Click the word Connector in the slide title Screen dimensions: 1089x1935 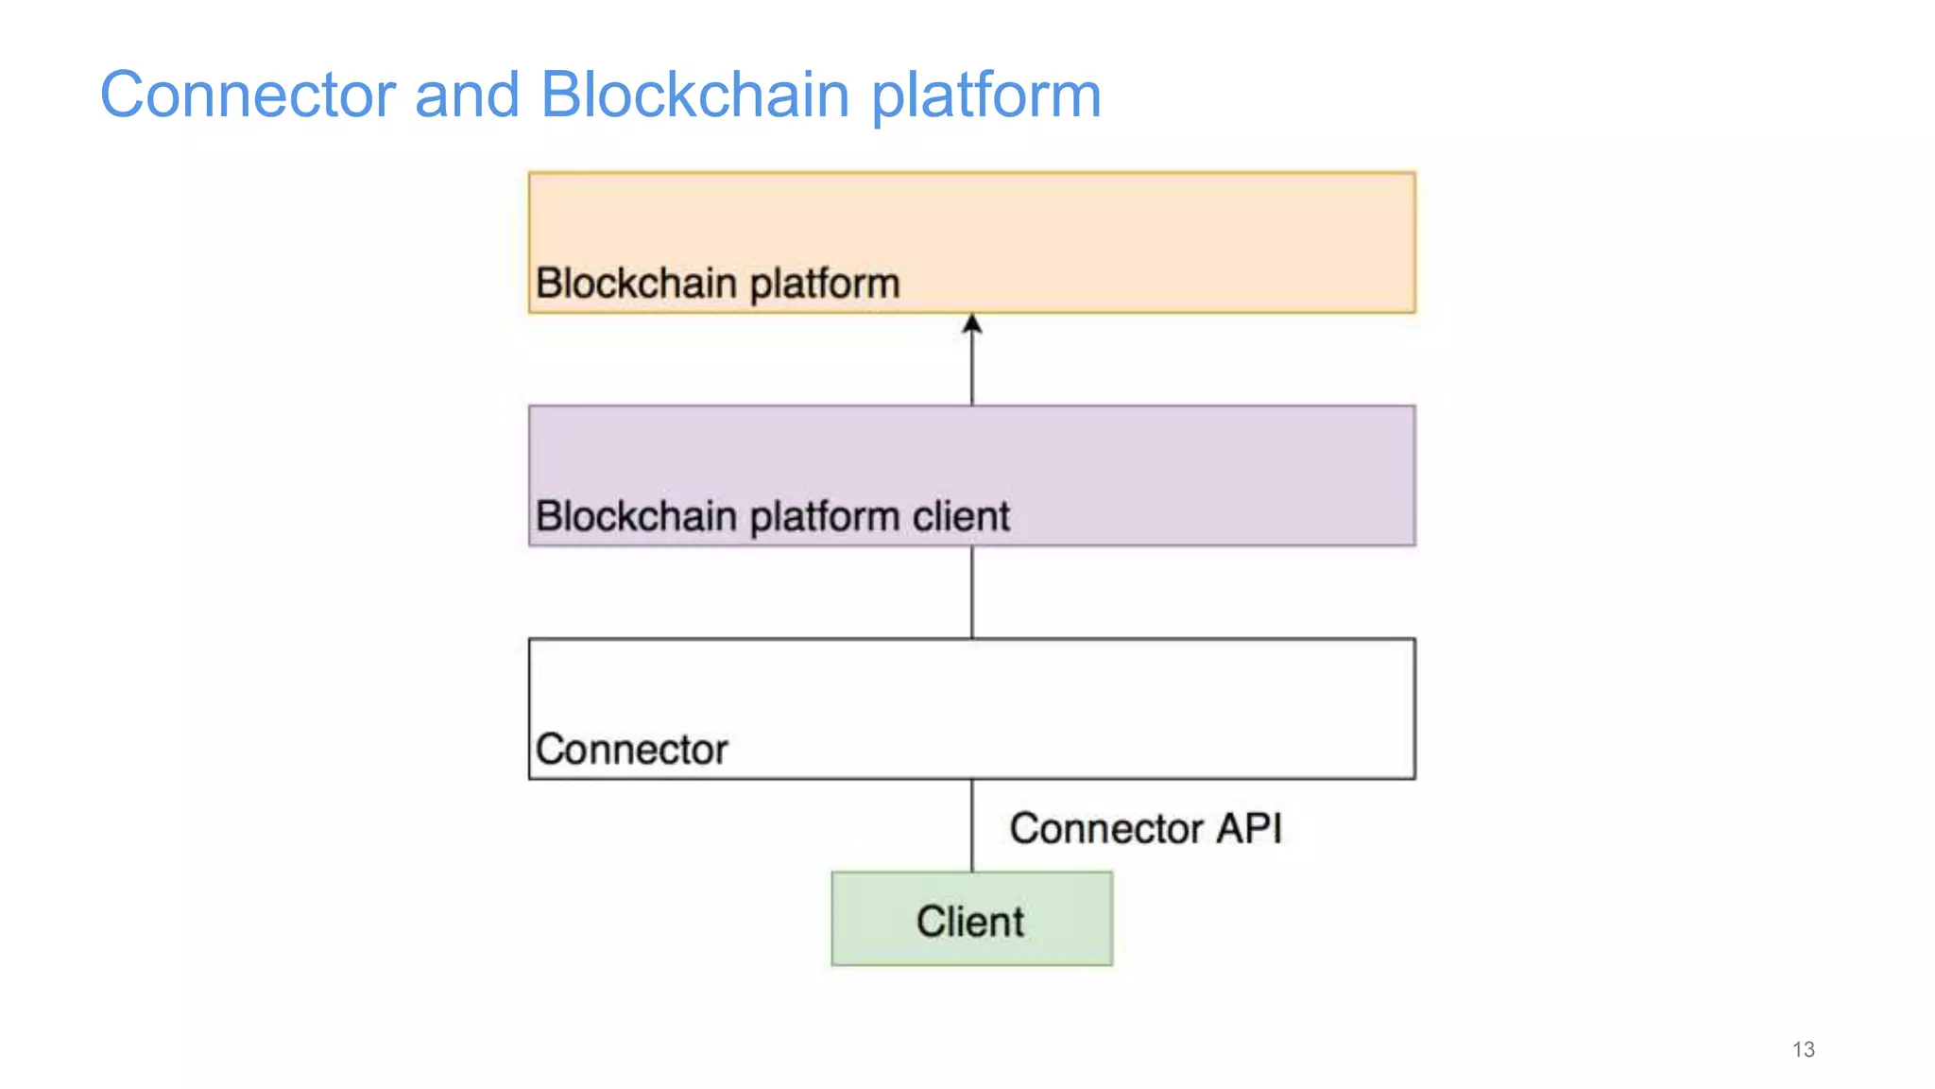pyautogui.click(x=248, y=95)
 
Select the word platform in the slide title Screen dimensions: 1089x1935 pyautogui.click(x=985, y=96)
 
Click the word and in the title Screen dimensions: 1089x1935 pyautogui.click(x=467, y=95)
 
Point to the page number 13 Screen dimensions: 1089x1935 pyautogui.click(x=1803, y=1049)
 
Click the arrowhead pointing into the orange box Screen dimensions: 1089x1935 pyautogui.click(x=972, y=324)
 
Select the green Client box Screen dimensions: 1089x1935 pyautogui.click(x=971, y=919)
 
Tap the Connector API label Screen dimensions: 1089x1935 pyautogui.click(x=1145, y=829)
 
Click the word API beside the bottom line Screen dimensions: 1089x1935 pyautogui.click(x=1248, y=829)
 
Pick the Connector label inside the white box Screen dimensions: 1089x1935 pyautogui.click(x=631, y=750)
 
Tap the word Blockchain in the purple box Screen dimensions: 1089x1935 pyautogui.click(x=636, y=517)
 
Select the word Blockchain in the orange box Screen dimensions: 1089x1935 pyautogui.click(x=636, y=284)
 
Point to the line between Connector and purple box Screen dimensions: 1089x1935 pyautogui.click(x=972, y=593)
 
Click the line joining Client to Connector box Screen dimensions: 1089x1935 pyautogui.click(x=972, y=825)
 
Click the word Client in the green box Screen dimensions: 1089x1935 pyautogui.click(x=969, y=922)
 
